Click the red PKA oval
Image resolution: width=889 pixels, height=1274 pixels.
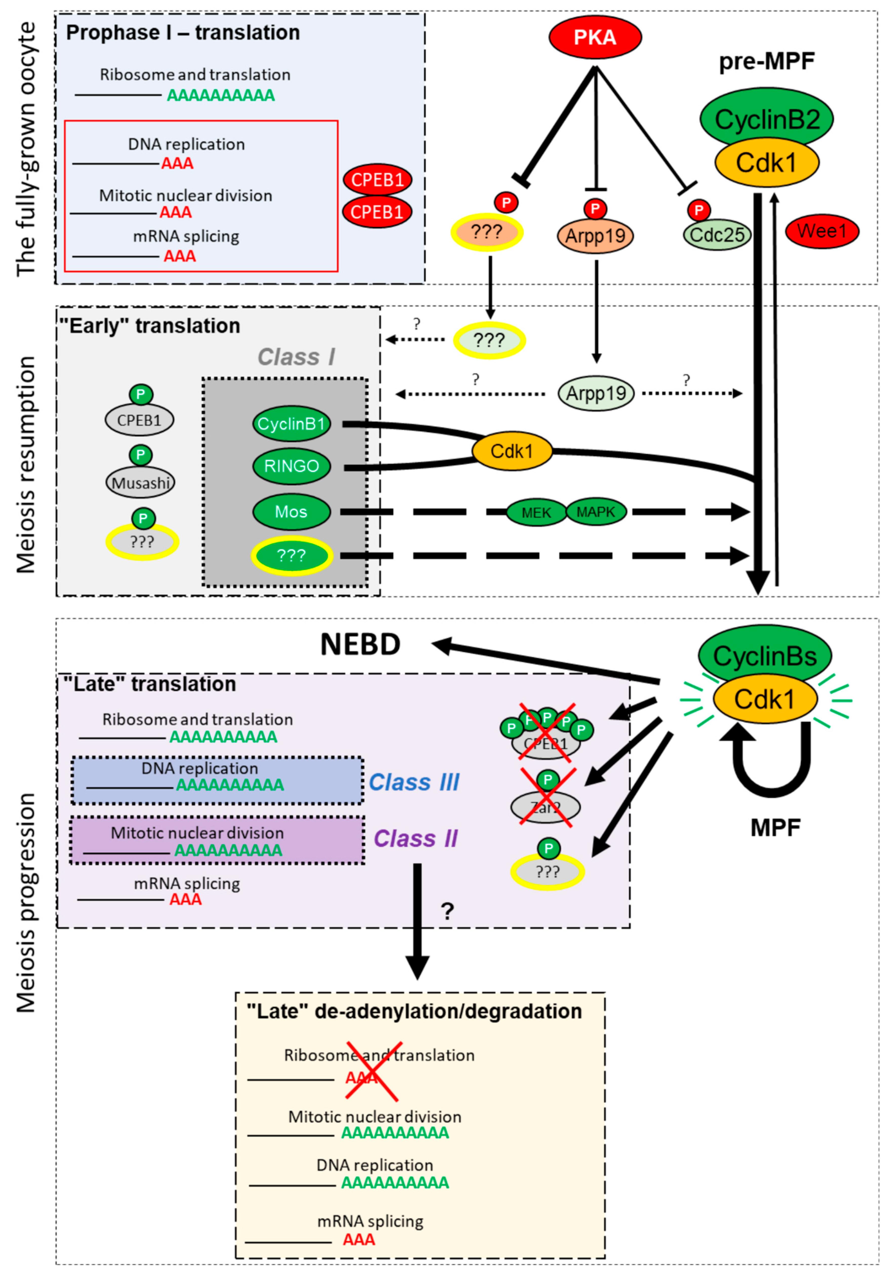pyautogui.click(x=595, y=37)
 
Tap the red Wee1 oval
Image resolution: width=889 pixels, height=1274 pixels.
pyautogui.click(x=821, y=231)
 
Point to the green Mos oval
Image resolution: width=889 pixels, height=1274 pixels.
pyautogui.click(x=291, y=511)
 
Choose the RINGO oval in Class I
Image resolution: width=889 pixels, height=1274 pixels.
pyautogui.click(x=291, y=466)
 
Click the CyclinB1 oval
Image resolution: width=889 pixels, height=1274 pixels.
pyautogui.click(x=291, y=424)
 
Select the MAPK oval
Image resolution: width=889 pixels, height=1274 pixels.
pyautogui.click(x=596, y=511)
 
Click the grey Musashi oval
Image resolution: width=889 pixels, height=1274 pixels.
pyautogui.click(x=140, y=483)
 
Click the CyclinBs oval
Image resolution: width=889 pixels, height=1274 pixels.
pyautogui.click(x=765, y=656)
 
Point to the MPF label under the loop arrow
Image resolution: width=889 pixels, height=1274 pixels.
pyautogui.click(x=775, y=828)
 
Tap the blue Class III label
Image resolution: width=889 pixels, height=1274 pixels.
pyautogui.click(x=414, y=782)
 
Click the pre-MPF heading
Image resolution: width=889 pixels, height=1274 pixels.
pyautogui.click(x=766, y=61)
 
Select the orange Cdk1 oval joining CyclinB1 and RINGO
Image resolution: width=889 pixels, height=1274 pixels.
pyautogui.click(x=512, y=451)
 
